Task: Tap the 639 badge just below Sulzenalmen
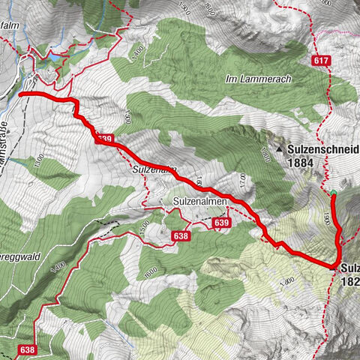(x=220, y=223)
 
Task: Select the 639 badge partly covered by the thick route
(x=104, y=138)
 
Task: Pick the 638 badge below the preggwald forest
(x=28, y=349)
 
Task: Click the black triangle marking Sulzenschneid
(x=280, y=149)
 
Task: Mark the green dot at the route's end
(x=333, y=193)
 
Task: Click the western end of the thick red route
(x=20, y=94)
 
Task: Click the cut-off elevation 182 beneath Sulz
(x=349, y=282)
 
